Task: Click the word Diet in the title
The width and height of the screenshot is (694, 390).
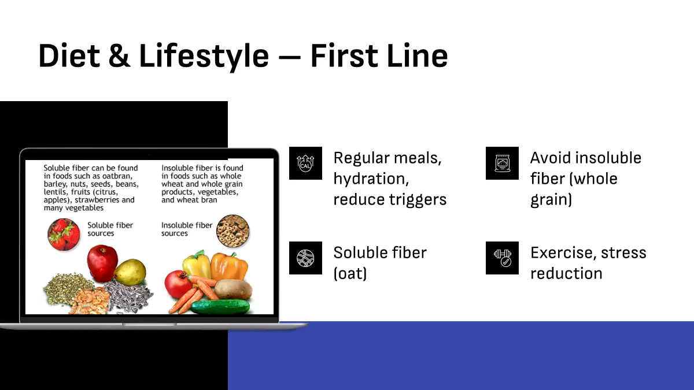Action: coord(69,55)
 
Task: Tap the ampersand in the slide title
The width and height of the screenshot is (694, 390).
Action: coord(120,55)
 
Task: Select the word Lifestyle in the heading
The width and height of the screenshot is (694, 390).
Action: coord(204,57)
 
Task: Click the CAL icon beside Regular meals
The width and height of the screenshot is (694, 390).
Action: coord(305,163)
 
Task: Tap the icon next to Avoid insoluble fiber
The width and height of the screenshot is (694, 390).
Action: coord(502,163)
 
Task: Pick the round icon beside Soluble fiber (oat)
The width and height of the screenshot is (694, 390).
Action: coord(305,258)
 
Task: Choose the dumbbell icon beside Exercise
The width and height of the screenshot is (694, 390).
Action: coord(502,258)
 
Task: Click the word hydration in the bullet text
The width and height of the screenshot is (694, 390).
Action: coord(371,179)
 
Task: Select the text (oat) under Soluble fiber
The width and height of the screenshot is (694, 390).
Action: coord(350,274)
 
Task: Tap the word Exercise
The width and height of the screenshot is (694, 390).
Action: coord(563,253)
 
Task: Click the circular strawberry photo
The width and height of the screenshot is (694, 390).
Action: coord(64,235)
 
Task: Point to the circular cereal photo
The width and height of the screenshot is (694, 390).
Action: coord(232,231)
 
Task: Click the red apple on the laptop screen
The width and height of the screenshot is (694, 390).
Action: coord(102,263)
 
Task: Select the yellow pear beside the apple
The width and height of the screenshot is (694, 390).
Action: coord(131,272)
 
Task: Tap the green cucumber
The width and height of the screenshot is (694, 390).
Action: coord(220,307)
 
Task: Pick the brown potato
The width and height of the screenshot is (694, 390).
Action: coord(233,289)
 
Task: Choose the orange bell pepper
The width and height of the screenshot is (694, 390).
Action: coord(229,266)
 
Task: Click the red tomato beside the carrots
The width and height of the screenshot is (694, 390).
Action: coord(178,284)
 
